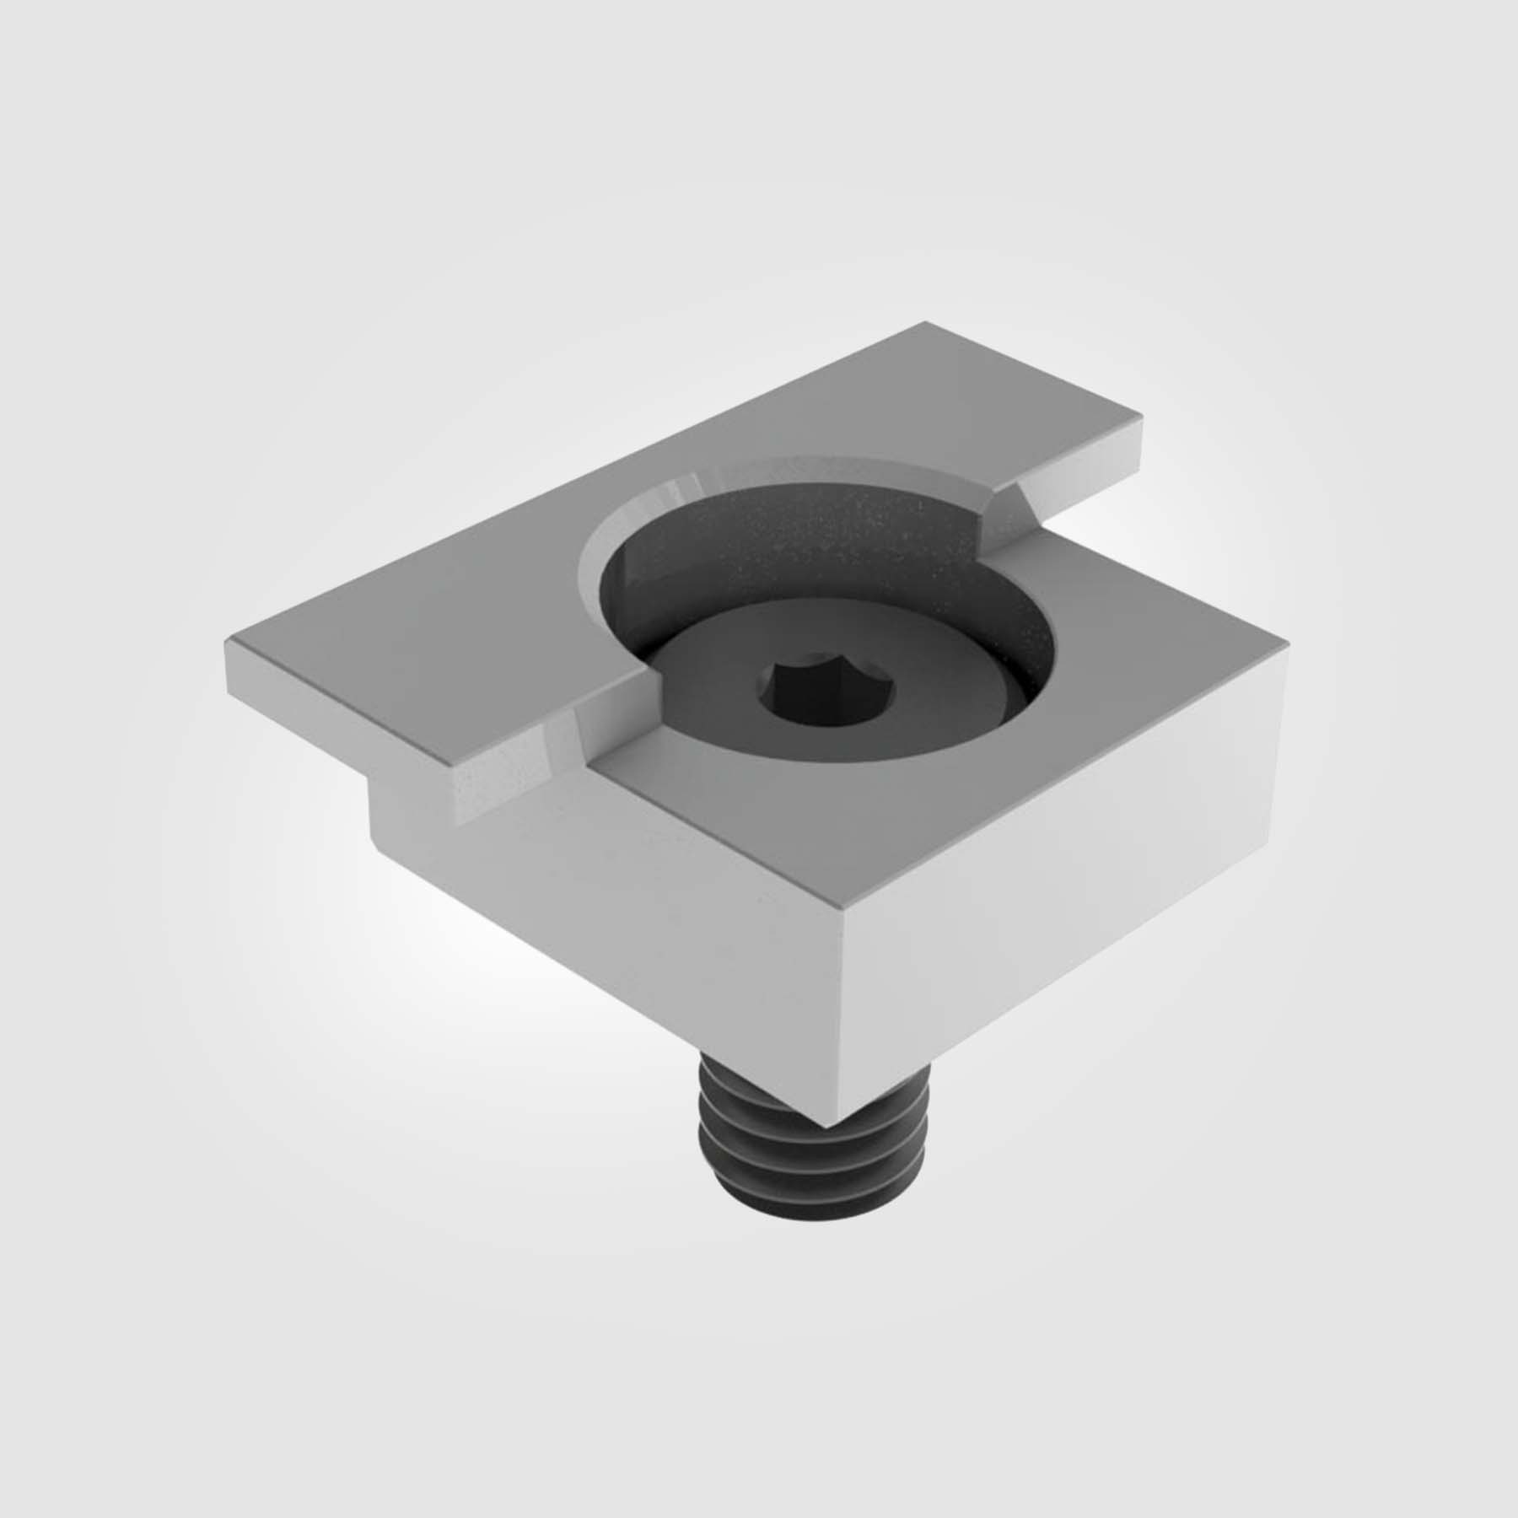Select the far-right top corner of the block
point(1287,643)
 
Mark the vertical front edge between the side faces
point(838,1012)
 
